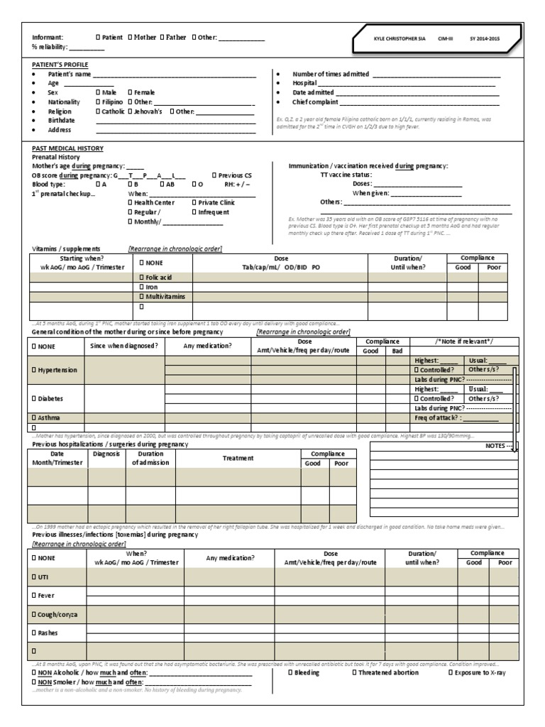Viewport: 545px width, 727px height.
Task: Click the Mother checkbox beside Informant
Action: click(130, 37)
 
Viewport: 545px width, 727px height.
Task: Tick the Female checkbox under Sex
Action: click(130, 92)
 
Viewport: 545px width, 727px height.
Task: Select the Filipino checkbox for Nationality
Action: click(98, 102)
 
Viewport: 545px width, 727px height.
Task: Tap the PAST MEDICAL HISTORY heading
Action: click(68, 148)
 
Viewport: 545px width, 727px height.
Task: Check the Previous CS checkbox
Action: click(214, 175)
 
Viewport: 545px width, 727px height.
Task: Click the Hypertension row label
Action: click(55, 370)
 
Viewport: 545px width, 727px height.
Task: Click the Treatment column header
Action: click(238, 459)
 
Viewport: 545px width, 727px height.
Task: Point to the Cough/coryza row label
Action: click(55, 613)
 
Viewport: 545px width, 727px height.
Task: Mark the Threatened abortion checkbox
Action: click(354, 672)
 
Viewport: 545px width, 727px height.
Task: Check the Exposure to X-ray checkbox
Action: click(450, 672)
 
